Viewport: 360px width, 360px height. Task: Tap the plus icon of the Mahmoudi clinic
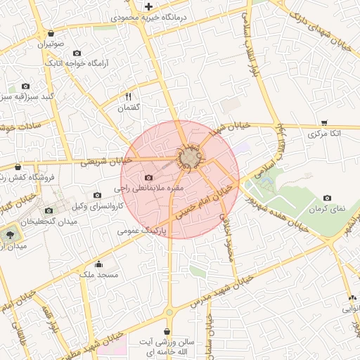coord(148,6)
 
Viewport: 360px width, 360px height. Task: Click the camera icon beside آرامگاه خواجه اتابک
coord(77,53)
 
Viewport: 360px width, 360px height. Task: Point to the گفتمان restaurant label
coord(128,108)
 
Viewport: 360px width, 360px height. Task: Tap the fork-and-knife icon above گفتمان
coord(128,96)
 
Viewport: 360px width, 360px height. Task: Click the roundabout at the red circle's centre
coord(188,159)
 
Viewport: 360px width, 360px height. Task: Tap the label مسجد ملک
coord(98,275)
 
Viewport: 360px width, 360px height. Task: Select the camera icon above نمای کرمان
coord(327,199)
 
